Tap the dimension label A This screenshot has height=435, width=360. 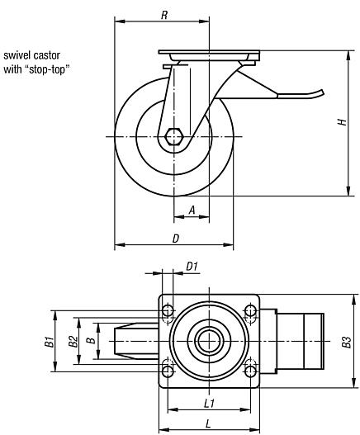click(192, 210)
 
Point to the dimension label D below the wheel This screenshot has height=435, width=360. click(175, 238)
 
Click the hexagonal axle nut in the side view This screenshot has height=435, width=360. click(173, 136)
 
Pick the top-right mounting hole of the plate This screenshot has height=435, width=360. click(249, 311)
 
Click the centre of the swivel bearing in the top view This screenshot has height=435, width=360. click(209, 340)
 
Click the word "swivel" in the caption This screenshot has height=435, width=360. click(18, 55)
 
